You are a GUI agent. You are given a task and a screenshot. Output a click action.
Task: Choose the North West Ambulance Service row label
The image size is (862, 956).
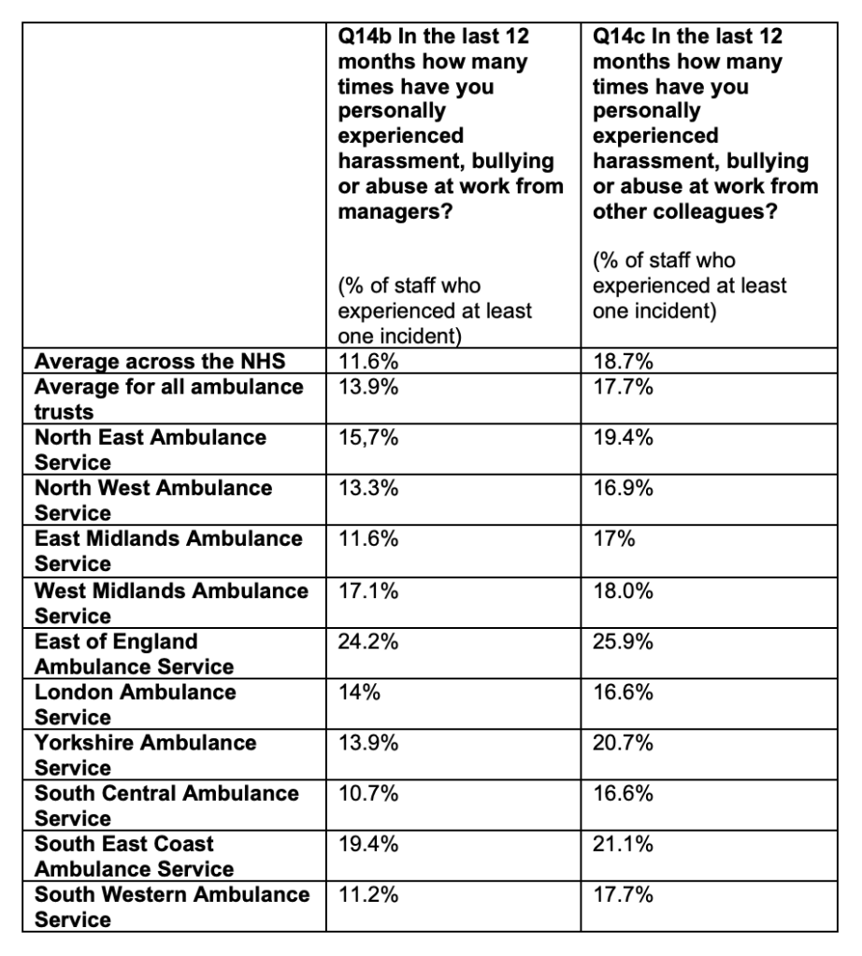pyautogui.click(x=153, y=500)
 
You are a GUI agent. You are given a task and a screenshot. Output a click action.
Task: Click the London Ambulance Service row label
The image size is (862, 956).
pyautogui.click(x=136, y=705)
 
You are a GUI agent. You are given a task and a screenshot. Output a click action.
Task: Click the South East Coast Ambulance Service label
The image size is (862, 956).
pyautogui.click(x=134, y=856)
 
